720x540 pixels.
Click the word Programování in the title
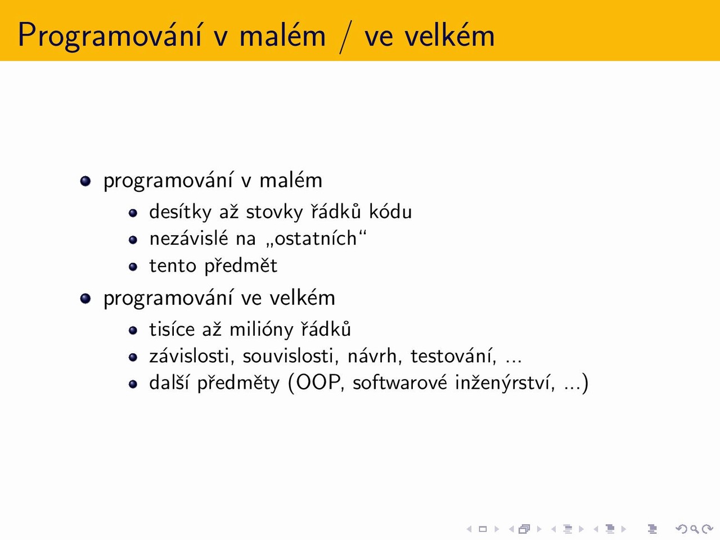pos(110,35)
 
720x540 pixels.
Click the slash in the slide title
pos(345,37)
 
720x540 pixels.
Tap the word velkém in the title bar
pos(449,34)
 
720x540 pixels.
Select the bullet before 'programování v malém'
pos(85,181)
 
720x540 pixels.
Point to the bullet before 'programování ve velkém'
pos(85,298)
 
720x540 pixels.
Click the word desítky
pos(181,211)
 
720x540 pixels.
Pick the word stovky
pos(274,212)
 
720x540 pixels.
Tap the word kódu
pos(390,211)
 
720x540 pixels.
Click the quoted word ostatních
pos(316,238)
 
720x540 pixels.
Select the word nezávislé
pos(188,238)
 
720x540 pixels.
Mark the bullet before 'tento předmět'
pos(133,267)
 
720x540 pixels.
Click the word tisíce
pos(172,329)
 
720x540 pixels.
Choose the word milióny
pos(262,330)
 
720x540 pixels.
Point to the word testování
pos(453,357)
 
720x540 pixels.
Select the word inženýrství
pos(505,383)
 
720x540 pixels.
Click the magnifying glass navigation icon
pos(695,529)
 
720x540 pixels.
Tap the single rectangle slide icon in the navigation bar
pos(483,529)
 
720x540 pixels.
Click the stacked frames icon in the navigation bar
pos(524,529)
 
